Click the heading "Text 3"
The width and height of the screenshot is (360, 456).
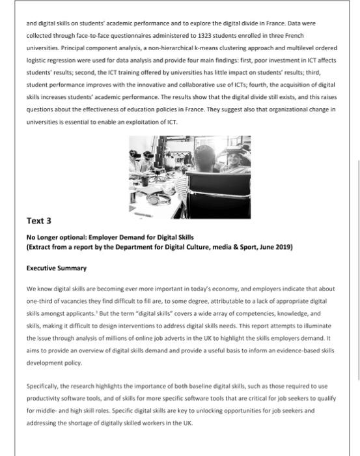click(39, 221)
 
